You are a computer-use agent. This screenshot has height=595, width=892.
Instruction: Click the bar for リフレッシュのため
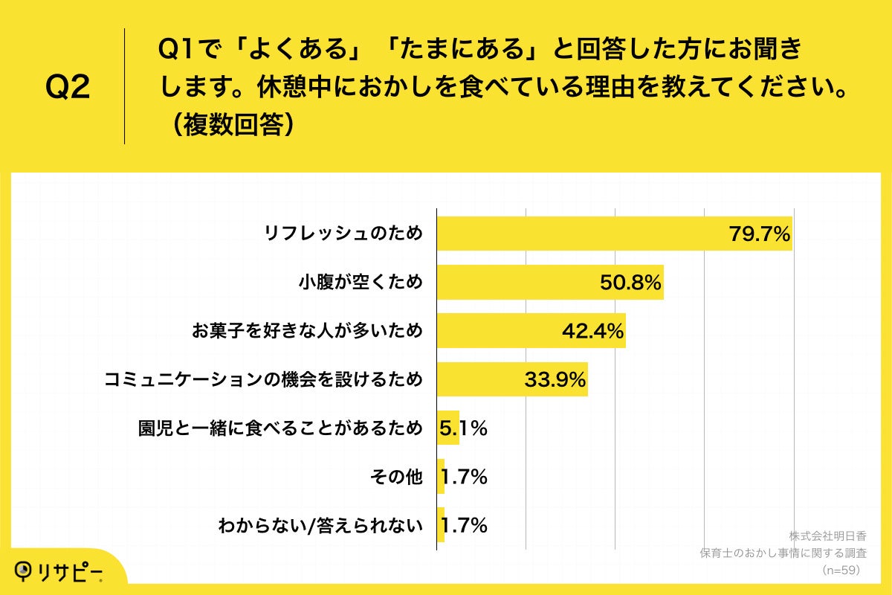pyautogui.click(x=580, y=234)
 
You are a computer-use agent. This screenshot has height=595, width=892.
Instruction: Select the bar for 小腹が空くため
pyautogui.click(x=520, y=283)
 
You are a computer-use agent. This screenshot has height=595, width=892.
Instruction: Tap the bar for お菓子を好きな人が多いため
pyautogui.click(x=498, y=331)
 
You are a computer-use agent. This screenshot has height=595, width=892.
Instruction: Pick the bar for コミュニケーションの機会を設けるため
pyautogui.click(x=483, y=379)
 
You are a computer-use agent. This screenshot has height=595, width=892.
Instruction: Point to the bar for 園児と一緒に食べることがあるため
pyautogui.click(x=447, y=428)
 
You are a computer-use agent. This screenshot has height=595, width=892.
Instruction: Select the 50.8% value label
pyautogui.click(x=630, y=283)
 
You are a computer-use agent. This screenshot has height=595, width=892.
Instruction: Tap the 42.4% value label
pyautogui.click(x=592, y=332)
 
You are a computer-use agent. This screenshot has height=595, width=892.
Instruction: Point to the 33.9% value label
pyautogui.click(x=555, y=380)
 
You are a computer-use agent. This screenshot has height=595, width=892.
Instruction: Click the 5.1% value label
pyautogui.click(x=464, y=428)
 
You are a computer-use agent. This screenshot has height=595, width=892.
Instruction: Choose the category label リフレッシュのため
pyautogui.click(x=343, y=234)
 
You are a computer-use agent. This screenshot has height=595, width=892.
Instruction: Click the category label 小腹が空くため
pyautogui.click(x=361, y=283)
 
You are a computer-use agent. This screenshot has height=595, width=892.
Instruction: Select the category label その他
pyautogui.click(x=396, y=477)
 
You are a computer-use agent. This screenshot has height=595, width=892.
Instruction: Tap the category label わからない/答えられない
pyautogui.click(x=320, y=526)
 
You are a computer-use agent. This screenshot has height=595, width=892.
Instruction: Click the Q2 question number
pyautogui.click(x=68, y=88)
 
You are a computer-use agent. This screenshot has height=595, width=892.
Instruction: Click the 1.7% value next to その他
pyautogui.click(x=465, y=477)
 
